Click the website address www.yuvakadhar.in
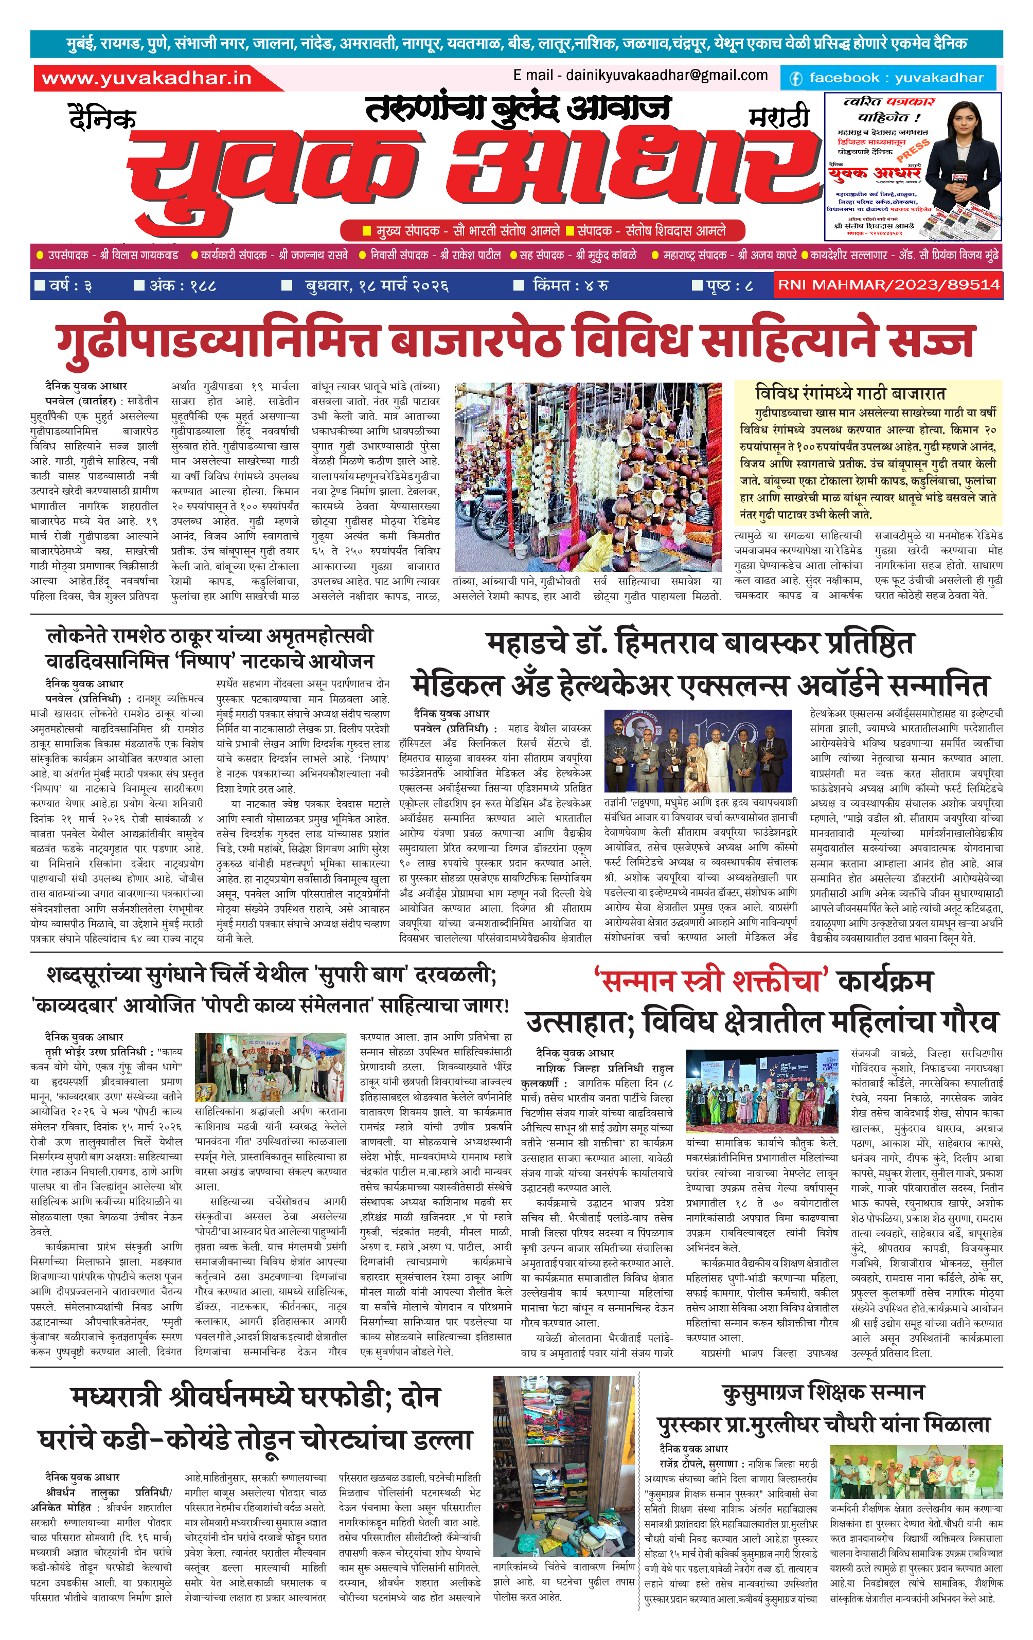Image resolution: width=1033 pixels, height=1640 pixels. coord(147,78)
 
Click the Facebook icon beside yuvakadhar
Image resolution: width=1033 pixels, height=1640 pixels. coord(795,78)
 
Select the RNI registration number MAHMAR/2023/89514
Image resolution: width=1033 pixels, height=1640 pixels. coord(888,285)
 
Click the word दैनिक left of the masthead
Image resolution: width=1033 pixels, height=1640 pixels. coord(102,118)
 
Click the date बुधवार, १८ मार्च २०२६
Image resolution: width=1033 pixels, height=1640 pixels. coord(376,285)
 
